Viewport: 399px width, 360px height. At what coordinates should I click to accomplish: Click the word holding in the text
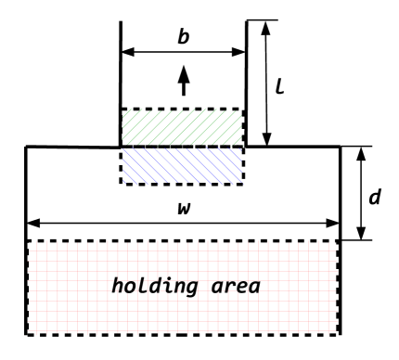[152, 286]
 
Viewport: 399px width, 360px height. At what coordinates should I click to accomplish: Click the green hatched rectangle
[183, 127]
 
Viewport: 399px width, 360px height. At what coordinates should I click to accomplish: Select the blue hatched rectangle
[183, 164]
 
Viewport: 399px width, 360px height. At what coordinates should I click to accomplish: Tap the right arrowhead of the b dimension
[239, 51]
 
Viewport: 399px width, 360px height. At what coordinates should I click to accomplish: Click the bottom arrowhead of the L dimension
[267, 139]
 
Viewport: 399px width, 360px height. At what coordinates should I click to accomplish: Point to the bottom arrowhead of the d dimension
[359, 233]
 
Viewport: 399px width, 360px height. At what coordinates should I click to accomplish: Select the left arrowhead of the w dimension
[33, 223]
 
